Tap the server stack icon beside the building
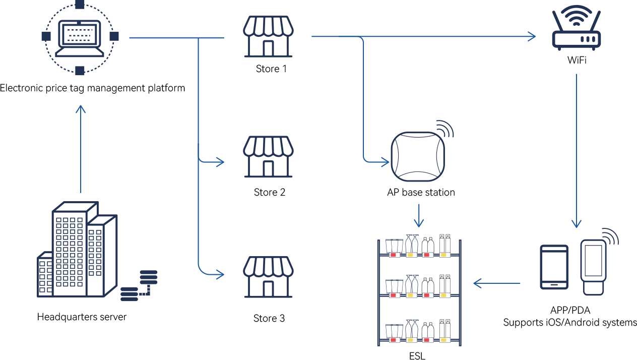pos(139,285)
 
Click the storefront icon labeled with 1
pos(268,36)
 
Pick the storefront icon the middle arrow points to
pos(268,157)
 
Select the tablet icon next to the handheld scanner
pos(554,267)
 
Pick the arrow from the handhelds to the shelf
pos(497,283)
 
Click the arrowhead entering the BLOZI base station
pos(385,161)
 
